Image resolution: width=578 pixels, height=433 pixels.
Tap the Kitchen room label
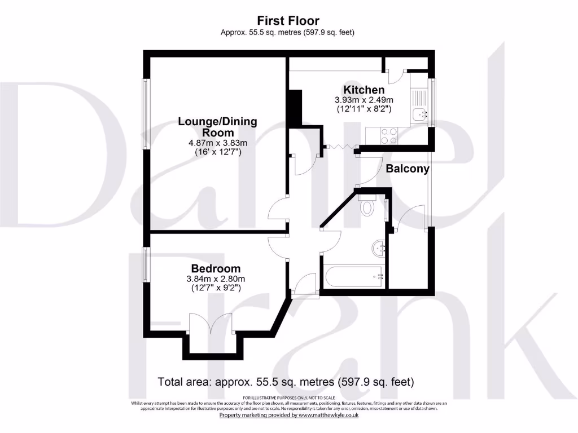pos(364,90)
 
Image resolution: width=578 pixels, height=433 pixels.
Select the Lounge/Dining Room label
pos(217,126)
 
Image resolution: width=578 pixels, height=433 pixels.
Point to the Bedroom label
pos(216,268)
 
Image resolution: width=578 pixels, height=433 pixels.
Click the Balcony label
pos(408,168)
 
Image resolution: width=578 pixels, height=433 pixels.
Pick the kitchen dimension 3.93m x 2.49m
pos(364,99)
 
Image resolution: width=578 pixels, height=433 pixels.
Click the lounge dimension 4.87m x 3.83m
pos(218,143)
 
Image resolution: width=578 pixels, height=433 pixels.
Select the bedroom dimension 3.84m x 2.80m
pos(216,279)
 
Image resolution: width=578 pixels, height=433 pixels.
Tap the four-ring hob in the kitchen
pos(389,135)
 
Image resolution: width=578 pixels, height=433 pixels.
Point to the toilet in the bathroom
pos(368,207)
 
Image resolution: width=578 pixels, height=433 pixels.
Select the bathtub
pos(353,277)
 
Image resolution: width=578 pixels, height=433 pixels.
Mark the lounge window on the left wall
pos(145,115)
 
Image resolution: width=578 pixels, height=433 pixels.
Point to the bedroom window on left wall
pos(145,264)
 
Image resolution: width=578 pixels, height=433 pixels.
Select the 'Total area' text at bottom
pos(286,382)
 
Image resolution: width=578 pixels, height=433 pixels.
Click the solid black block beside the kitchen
pos(295,108)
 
